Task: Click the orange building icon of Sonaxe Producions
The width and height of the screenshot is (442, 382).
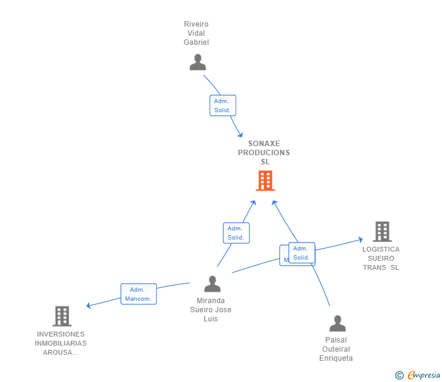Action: click(265, 181)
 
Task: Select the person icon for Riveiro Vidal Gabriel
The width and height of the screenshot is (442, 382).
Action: click(197, 62)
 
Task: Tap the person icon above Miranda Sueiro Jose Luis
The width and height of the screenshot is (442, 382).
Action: click(212, 284)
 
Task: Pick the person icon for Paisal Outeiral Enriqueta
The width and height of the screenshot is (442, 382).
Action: click(337, 323)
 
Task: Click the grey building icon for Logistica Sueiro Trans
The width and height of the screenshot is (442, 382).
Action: click(382, 232)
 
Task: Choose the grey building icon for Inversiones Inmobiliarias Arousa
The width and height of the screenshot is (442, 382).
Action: click(62, 316)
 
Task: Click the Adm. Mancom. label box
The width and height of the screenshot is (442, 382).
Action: click(138, 294)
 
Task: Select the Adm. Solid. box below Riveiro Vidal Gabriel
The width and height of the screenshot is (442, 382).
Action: click(222, 106)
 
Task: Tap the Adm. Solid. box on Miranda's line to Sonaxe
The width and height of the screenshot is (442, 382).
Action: click(236, 233)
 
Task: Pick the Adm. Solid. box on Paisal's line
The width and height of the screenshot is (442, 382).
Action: click(302, 252)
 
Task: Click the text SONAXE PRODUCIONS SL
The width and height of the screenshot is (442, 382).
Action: click(264, 153)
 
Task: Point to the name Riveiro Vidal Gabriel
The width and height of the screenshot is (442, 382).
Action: click(196, 33)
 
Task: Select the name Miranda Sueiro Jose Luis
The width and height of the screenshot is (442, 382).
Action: click(211, 309)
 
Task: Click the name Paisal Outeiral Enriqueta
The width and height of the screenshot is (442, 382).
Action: click(336, 349)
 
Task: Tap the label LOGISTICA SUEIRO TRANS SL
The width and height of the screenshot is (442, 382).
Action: click(381, 258)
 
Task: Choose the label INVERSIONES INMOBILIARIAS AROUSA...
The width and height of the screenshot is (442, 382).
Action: click(61, 343)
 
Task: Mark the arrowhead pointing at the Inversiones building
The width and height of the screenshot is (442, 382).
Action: click(89, 306)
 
